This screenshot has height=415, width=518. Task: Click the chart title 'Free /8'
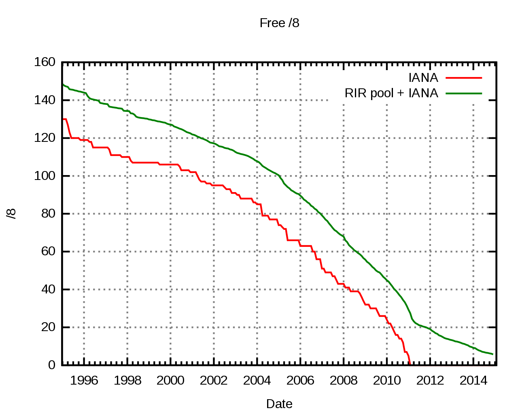(x=279, y=23)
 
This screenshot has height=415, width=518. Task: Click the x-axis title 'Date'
(x=279, y=404)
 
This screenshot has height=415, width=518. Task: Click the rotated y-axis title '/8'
(x=12, y=213)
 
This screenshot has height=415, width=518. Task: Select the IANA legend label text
(x=423, y=77)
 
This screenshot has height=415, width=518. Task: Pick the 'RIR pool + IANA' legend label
(x=391, y=93)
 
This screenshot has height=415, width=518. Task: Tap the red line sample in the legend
(x=464, y=77)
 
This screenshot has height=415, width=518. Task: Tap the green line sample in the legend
(x=464, y=93)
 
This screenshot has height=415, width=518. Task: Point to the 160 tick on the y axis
(x=45, y=62)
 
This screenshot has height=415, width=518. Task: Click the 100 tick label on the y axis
(x=45, y=176)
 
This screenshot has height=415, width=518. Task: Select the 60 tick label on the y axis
(x=48, y=251)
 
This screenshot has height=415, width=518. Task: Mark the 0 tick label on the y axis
(x=51, y=365)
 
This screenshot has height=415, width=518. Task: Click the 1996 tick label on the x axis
(x=84, y=381)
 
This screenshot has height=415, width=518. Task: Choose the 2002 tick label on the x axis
(x=214, y=381)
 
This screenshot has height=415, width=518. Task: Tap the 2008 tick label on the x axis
(x=344, y=381)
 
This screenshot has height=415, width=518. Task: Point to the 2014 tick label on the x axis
(x=473, y=381)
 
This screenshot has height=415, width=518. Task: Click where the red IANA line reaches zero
(x=410, y=364)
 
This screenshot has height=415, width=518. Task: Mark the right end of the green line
(x=493, y=354)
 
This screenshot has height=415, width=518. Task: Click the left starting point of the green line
(x=62, y=84)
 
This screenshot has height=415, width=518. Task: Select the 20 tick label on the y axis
(x=48, y=327)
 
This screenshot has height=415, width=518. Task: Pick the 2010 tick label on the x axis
(x=387, y=381)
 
